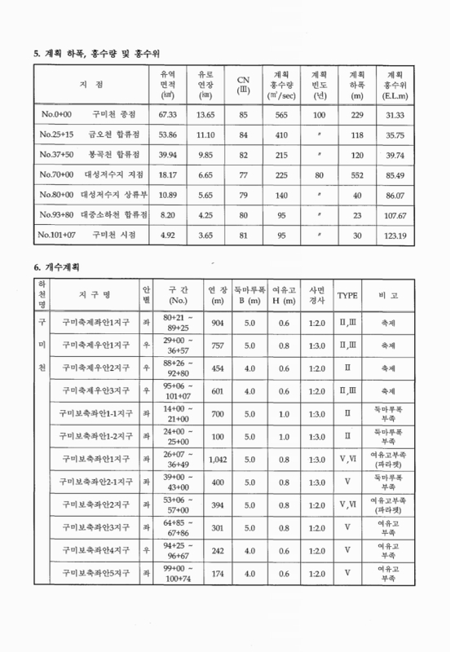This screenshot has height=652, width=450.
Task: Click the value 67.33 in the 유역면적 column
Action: click(x=167, y=116)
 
